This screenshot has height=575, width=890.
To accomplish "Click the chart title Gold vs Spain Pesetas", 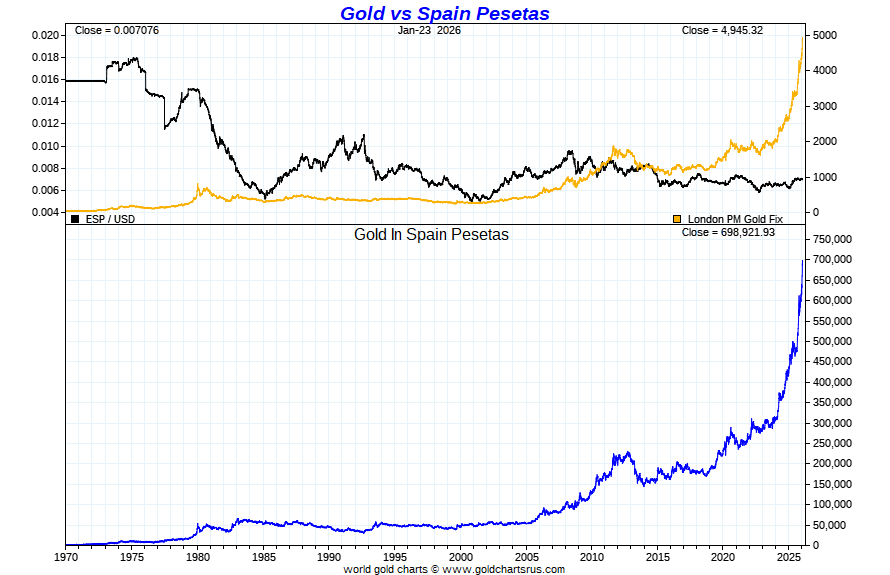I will (x=444, y=13).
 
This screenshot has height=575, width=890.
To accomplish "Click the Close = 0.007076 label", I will (x=116, y=30).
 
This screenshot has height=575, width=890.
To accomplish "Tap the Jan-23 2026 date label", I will (x=429, y=30).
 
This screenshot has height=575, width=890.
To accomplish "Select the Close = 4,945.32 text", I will (x=722, y=30).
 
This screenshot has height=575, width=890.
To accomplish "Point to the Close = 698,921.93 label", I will (x=728, y=232).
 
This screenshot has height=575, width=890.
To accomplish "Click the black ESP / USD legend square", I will (x=75, y=218).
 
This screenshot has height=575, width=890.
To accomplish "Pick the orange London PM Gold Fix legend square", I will (x=677, y=218).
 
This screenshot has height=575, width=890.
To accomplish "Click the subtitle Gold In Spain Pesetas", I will (x=432, y=235).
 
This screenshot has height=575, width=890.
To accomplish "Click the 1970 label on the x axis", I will (x=66, y=556).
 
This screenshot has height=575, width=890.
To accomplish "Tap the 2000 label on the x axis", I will (x=461, y=556).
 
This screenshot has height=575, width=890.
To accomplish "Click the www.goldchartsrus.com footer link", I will (x=503, y=569).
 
